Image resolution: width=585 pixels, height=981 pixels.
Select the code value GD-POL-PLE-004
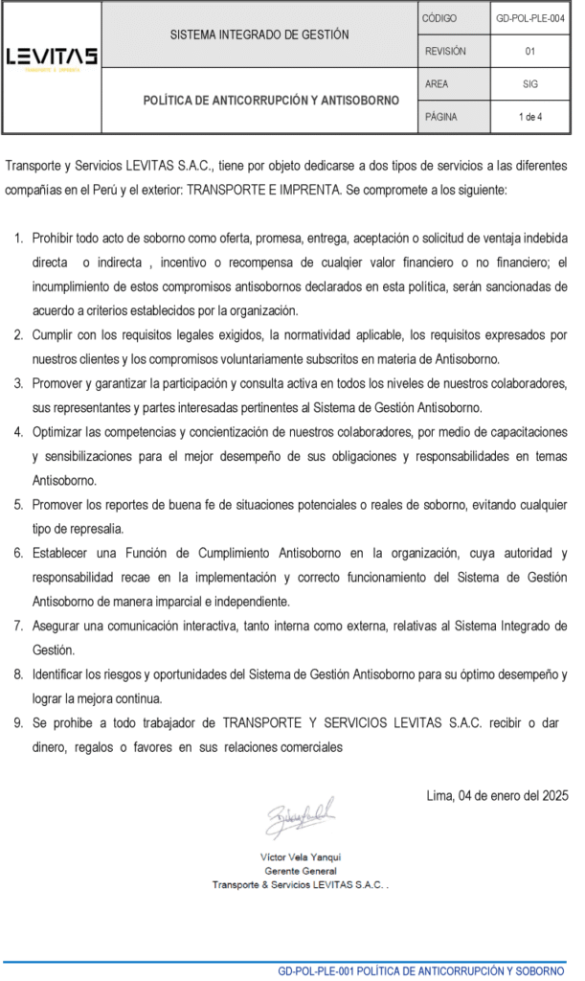pos(529,18)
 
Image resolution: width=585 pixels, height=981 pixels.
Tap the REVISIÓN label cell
pos(445,52)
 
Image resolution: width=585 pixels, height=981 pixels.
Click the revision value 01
pos(529,52)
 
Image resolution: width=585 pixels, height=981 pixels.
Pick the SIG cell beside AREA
pos(529,84)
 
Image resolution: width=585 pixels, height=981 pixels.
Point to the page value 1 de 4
pos(529,117)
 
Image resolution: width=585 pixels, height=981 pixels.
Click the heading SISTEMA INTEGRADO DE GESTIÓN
pos(259,34)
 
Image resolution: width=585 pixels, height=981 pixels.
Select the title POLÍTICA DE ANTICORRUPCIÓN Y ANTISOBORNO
pos(259,100)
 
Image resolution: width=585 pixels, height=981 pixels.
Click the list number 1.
pos(19,237)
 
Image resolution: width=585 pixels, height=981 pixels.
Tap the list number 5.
pos(19,504)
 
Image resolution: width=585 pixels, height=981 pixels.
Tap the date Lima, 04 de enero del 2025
pos(497,795)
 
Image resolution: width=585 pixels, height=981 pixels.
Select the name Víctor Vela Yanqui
pos(301,856)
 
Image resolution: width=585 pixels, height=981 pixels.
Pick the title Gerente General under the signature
pos(301,871)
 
